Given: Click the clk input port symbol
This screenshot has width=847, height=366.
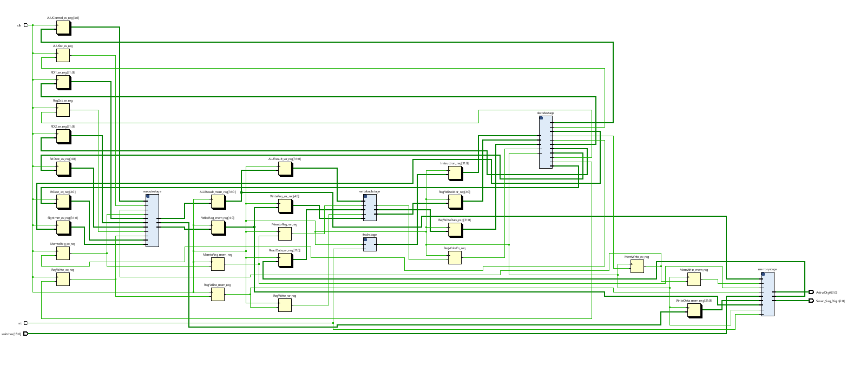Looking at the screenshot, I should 25,25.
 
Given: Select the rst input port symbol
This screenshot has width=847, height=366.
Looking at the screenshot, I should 25,323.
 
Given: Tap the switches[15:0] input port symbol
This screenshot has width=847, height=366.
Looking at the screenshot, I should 25,334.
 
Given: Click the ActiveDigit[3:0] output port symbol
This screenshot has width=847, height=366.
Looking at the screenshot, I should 811,292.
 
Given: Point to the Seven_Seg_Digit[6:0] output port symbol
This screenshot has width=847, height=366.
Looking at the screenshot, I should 811,301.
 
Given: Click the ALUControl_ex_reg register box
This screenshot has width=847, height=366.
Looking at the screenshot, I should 63,28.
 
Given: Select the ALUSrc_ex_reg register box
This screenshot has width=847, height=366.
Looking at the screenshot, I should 63,55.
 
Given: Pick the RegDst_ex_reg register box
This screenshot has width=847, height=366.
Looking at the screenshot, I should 63,110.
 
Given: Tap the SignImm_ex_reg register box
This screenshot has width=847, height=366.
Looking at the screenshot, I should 63,228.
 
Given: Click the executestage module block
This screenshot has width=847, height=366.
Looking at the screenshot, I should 152,221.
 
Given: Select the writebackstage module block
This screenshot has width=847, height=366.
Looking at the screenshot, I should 370,208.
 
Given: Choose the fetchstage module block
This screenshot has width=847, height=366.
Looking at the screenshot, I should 370,244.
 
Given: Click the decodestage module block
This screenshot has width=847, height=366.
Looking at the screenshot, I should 546,142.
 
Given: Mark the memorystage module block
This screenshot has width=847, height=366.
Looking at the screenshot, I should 767,294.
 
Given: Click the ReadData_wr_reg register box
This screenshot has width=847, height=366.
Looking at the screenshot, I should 285,261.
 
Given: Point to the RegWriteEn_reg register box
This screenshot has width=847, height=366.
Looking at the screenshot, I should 455,257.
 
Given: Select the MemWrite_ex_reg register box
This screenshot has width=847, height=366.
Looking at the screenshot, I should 637,266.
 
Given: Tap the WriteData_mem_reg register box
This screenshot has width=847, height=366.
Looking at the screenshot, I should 694,310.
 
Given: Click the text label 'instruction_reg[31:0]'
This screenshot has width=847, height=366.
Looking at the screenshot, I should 455,163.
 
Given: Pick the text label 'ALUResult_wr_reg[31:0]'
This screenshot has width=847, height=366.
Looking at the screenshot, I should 285,159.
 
